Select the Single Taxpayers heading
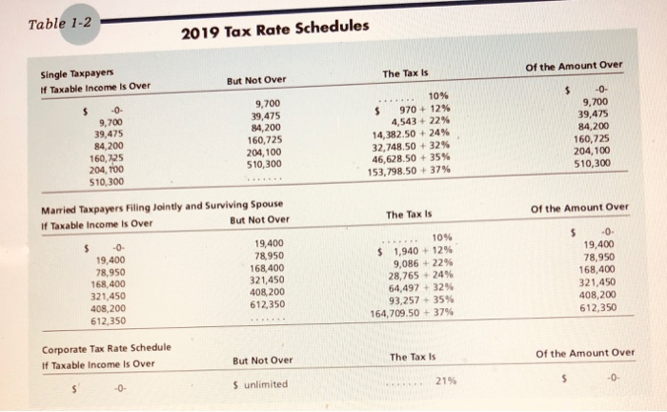click(x=78, y=74)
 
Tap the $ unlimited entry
click(x=259, y=384)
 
